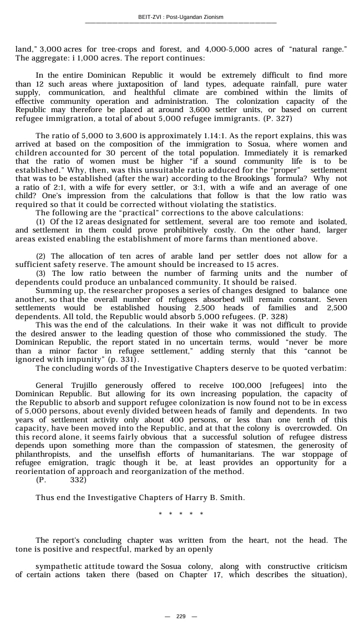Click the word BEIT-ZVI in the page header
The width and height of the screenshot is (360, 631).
click(149, 17)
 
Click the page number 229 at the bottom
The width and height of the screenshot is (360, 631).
click(181, 617)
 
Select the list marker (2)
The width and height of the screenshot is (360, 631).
click(42, 256)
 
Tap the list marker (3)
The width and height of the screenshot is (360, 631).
click(42, 274)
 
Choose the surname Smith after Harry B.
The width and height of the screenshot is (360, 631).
click(232, 497)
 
